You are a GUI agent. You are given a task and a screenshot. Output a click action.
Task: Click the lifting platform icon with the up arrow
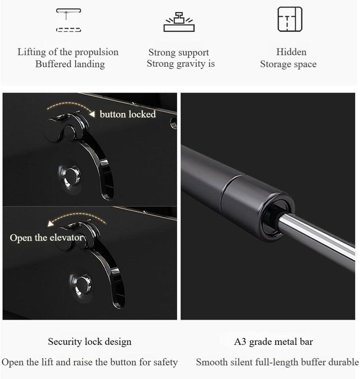68,20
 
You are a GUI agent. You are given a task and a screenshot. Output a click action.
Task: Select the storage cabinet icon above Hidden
290,19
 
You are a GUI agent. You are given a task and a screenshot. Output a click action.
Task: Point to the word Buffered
53,64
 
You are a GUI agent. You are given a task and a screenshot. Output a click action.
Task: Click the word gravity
191,64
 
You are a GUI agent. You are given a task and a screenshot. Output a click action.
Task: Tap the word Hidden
291,52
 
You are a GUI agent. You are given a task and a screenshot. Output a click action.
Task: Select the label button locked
128,114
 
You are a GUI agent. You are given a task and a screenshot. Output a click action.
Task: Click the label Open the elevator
46,238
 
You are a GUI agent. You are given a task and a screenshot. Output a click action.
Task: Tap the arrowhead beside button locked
92,114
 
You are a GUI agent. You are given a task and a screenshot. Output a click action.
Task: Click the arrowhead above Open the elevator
50,223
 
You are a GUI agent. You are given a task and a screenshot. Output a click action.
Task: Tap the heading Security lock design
90,342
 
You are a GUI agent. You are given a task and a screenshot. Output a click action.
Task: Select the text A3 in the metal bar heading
240,342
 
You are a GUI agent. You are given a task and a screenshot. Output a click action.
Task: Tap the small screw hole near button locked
173,123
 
